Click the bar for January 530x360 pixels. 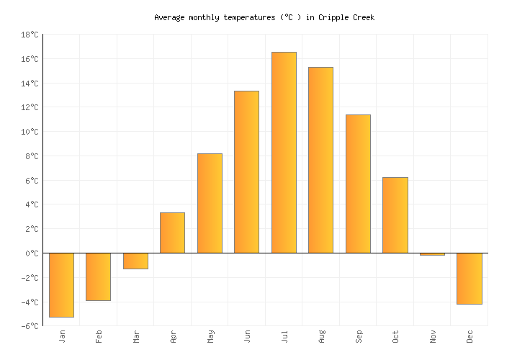(x=61, y=284)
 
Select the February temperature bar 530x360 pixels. (x=98, y=276)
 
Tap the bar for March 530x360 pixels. (x=135, y=261)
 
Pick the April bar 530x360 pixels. (x=172, y=233)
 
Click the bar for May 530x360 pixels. (x=210, y=203)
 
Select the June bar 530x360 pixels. (x=246, y=172)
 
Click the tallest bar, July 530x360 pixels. (x=284, y=153)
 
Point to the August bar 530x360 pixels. (x=320, y=160)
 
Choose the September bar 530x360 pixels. (x=358, y=184)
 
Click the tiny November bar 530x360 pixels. (x=432, y=254)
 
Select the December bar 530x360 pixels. (x=469, y=278)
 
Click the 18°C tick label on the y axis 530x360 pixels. (x=30, y=35)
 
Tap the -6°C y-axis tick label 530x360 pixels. (x=30, y=326)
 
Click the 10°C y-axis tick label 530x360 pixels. (x=30, y=132)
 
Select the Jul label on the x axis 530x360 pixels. (x=284, y=336)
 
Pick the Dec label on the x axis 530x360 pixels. (x=470, y=336)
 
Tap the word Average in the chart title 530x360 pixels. (x=170, y=17)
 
